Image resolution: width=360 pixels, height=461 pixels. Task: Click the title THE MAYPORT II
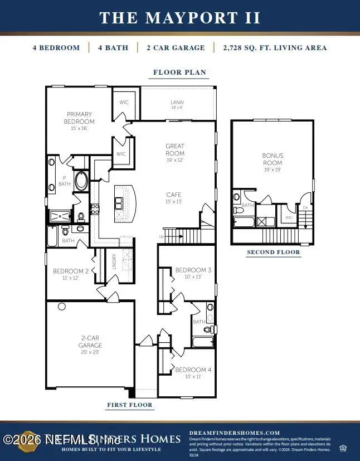pos(180,17)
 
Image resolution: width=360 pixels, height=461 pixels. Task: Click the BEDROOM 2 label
pos(71,271)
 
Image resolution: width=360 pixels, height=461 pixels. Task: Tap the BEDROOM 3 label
pos(193,270)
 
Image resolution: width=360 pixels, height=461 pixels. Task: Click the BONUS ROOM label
pos(273,159)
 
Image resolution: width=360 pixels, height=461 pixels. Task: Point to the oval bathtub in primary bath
pos(81,181)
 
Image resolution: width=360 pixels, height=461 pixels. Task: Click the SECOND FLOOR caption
pos(273,252)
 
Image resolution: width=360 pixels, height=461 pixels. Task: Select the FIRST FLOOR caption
pos(130,405)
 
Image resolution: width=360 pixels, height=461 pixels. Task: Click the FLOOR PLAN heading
pos(180,72)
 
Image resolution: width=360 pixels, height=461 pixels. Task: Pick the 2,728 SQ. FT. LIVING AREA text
pos(275,48)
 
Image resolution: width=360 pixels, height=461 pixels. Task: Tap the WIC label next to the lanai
pos(124,103)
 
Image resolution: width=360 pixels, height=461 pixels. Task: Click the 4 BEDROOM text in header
pos(56,48)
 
